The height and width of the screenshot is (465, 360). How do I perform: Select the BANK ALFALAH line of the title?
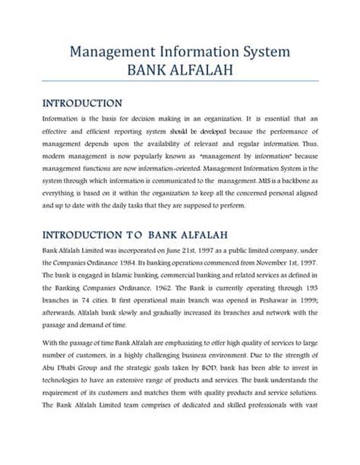tap(180, 71)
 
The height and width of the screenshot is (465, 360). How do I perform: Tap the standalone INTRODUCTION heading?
tap(83, 103)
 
